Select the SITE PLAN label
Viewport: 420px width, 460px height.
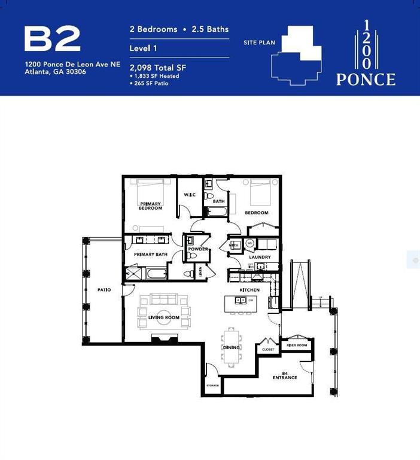258,43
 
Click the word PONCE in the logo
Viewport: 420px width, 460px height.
366,79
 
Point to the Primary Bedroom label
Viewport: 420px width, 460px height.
150,205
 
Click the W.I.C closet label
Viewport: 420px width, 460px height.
190,194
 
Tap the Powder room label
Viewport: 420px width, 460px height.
197,249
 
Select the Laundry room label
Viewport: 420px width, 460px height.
260,257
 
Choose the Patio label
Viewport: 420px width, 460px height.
105,290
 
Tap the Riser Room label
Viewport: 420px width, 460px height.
297,345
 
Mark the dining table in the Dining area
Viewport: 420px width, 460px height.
231,345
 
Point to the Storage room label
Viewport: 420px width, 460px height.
212,386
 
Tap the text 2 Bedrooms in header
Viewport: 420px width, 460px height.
154,29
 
